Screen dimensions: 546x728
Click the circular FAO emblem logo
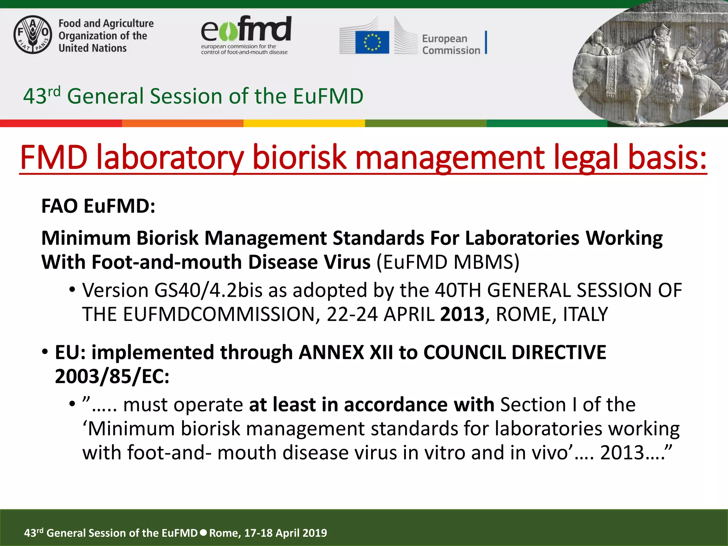point(33,35)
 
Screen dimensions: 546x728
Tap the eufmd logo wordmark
point(246,29)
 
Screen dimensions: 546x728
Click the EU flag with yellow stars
point(372,42)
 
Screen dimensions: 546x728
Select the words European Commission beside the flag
point(451,44)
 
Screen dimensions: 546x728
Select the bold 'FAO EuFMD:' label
point(98,206)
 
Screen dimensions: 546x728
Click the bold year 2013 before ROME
point(462,314)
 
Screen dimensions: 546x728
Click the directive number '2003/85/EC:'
point(112,376)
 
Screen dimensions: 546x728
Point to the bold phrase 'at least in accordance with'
point(371,405)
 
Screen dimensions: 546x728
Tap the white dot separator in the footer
point(203,532)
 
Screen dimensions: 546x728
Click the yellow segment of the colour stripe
point(304,123)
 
